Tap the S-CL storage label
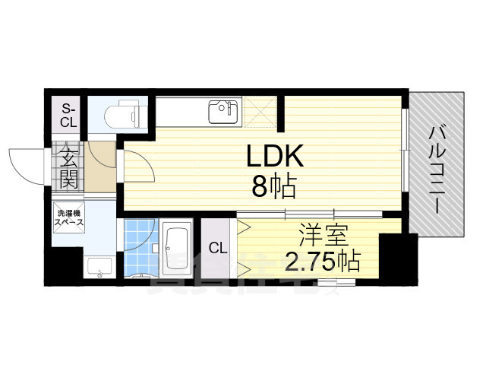[x=68, y=114]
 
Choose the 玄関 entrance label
[x=68, y=169]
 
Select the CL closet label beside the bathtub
[x=218, y=249]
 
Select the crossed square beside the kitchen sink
[x=259, y=111]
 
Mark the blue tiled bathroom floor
[x=138, y=245]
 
